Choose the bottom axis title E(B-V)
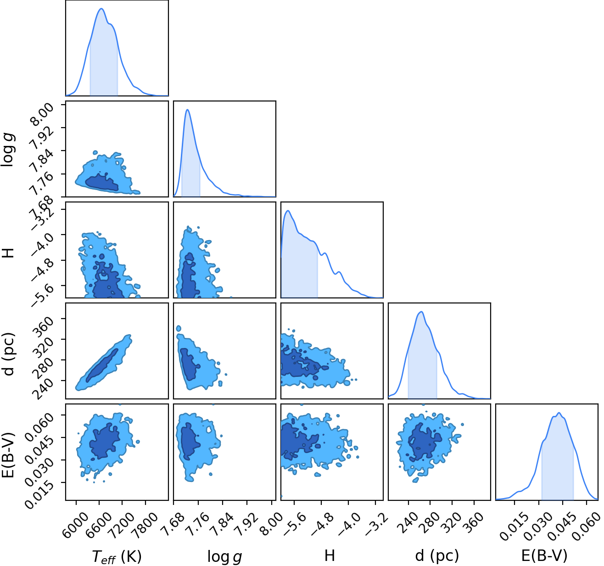[x=544, y=555]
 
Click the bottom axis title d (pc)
[x=437, y=555]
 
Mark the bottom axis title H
[x=330, y=555]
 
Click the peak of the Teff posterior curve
[x=101, y=9]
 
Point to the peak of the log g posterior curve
[x=188, y=110]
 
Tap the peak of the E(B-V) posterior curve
[x=559, y=413]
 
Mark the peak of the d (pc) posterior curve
[x=421, y=312]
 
